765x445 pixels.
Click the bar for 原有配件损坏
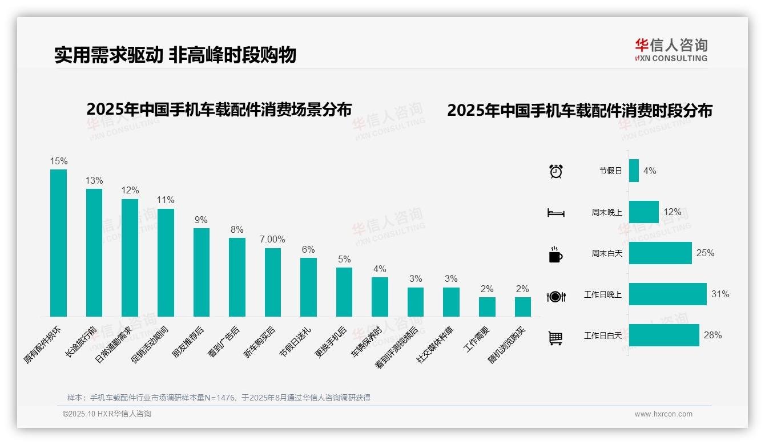point(58,242)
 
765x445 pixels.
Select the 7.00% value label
point(272,240)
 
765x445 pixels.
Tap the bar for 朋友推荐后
point(202,272)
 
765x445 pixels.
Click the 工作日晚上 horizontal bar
point(667,294)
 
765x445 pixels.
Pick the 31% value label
point(720,294)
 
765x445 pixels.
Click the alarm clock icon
point(555,171)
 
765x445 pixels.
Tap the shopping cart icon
point(555,338)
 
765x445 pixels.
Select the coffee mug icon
point(555,254)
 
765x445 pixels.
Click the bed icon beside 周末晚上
point(555,213)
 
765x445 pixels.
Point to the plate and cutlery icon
point(555,297)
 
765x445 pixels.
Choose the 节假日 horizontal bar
point(634,171)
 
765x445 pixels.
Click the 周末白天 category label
point(606,253)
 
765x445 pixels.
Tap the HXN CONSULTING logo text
point(671,58)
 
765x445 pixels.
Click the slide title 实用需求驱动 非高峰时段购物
point(175,55)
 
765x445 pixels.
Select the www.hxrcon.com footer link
point(663,414)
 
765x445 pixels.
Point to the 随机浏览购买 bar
point(522,307)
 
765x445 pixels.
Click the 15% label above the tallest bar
point(58,161)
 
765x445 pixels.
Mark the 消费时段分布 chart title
point(579,111)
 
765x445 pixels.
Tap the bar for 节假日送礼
point(308,287)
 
